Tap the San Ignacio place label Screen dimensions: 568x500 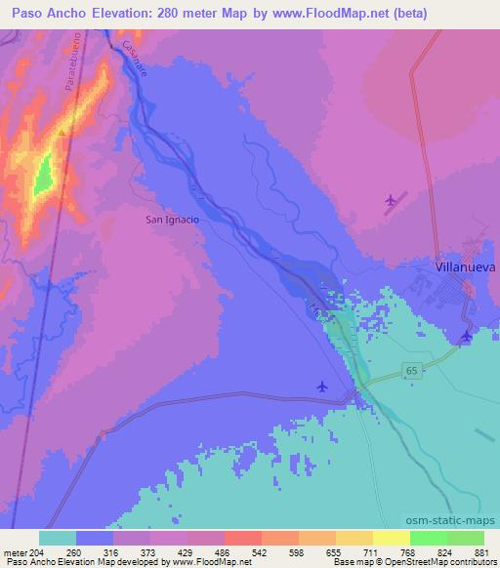(172, 220)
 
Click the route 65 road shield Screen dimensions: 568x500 (412, 371)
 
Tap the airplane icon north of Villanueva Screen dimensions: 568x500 (392, 200)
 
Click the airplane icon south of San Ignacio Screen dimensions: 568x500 (323, 386)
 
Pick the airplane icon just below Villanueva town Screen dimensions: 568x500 (466, 336)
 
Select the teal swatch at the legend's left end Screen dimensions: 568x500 (58, 538)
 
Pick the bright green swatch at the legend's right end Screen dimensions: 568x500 (465, 538)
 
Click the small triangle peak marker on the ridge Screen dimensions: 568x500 (62, 132)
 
